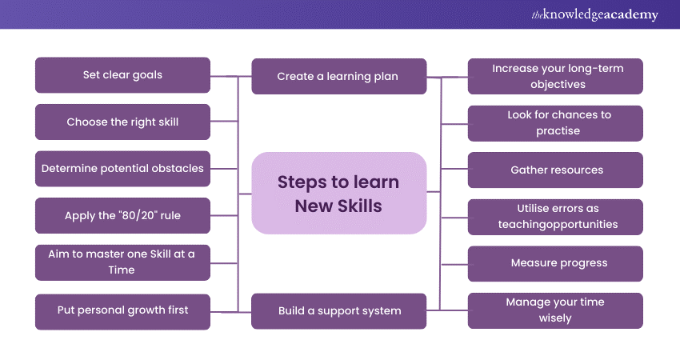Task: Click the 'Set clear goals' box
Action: pyautogui.click(x=122, y=75)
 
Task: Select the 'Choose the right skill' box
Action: pyautogui.click(x=122, y=122)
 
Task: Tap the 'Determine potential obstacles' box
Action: pyautogui.click(x=122, y=169)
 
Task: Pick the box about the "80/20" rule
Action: pyautogui.click(x=122, y=216)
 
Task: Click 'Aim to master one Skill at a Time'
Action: pyautogui.click(x=122, y=262)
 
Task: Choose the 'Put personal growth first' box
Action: pyautogui.click(x=122, y=310)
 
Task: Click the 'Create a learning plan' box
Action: pyautogui.click(x=338, y=77)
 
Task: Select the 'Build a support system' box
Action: pyautogui.click(x=338, y=310)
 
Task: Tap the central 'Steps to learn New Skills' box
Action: pyautogui.click(x=338, y=194)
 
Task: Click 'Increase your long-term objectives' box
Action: pyautogui.click(x=555, y=77)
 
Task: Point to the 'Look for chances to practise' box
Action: pyautogui.click(x=555, y=122)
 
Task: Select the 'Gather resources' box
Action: pyautogui.click(x=555, y=170)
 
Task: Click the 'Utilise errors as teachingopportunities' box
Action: pyautogui.click(x=555, y=216)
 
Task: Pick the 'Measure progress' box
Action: pyautogui.click(x=555, y=263)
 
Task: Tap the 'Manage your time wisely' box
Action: pyautogui.click(x=555, y=310)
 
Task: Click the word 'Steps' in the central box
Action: pyautogui.click(x=302, y=182)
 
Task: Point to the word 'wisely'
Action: pyautogui.click(x=555, y=318)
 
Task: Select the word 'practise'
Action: pyautogui.click(x=558, y=130)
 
